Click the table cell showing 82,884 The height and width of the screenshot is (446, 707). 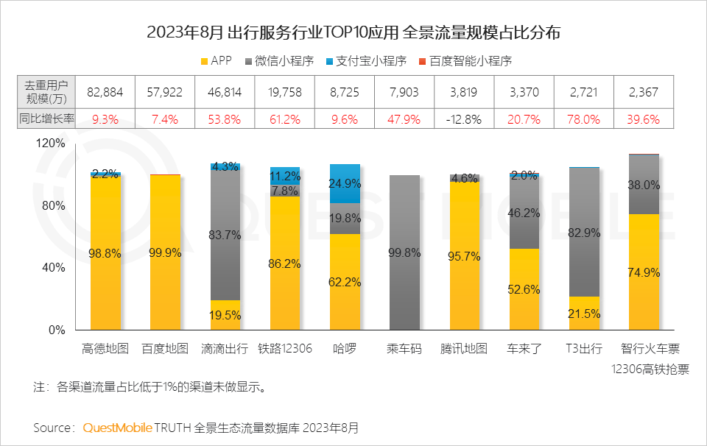tap(105, 92)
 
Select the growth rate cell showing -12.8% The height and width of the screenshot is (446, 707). tap(466, 118)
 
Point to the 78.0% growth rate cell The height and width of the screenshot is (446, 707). tap(585, 118)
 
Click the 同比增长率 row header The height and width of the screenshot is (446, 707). tap(46, 118)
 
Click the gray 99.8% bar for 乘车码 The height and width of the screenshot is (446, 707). tap(404, 252)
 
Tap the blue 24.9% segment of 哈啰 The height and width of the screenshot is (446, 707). tap(345, 183)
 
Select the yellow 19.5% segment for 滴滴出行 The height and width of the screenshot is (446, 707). tap(225, 314)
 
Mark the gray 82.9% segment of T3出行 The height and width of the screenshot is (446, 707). tap(584, 232)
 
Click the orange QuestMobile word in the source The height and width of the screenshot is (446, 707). tap(117, 428)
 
